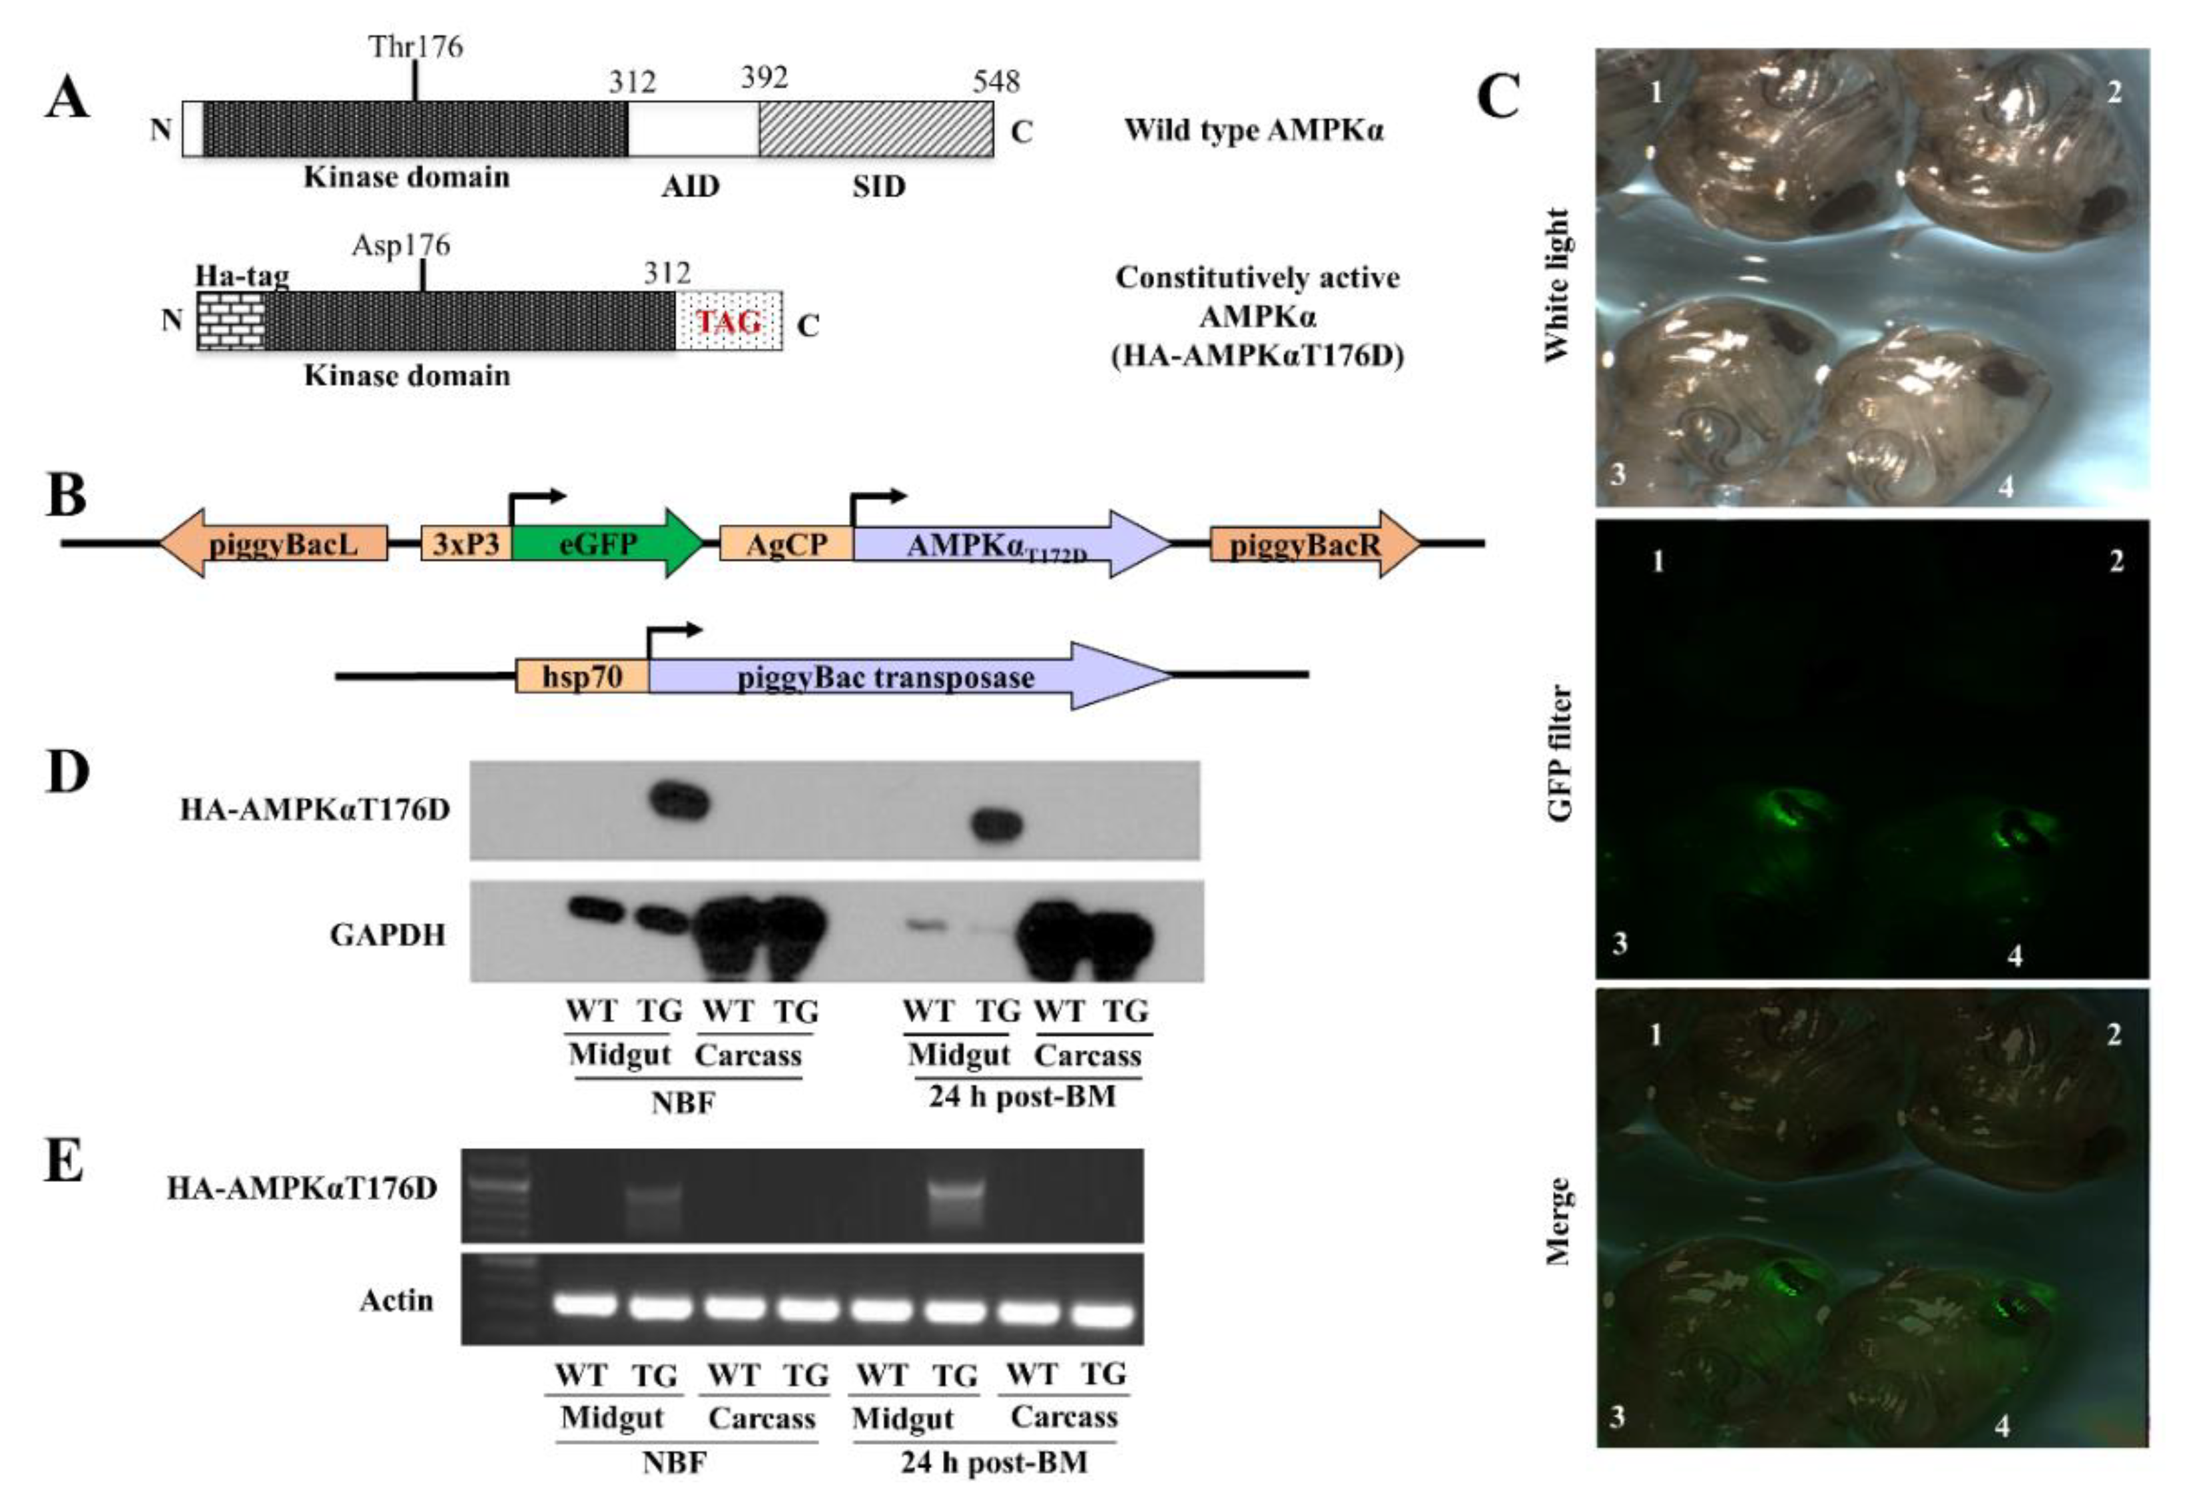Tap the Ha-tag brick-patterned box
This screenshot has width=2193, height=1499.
[230, 321]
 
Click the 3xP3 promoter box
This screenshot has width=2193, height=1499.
[466, 544]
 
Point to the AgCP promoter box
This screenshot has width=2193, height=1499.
[786, 544]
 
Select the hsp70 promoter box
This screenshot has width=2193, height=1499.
[581, 676]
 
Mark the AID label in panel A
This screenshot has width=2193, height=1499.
[690, 186]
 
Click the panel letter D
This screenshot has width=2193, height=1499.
[67, 772]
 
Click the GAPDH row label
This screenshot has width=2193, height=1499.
[387, 935]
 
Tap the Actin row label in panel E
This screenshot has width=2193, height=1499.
[396, 1300]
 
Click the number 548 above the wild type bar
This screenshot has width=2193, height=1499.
[996, 82]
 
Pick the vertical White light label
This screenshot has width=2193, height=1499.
[1557, 283]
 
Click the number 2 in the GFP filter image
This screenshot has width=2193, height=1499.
[2116, 562]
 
